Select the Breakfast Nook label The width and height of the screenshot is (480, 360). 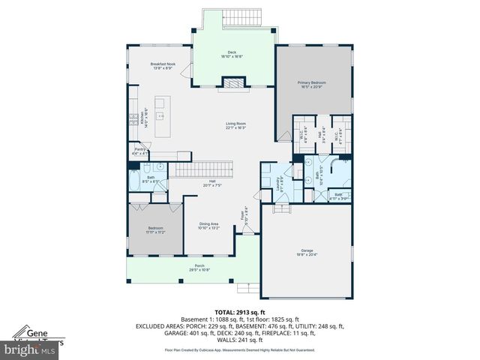163,66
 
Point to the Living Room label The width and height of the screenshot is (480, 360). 236,125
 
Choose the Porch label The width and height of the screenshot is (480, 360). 199,267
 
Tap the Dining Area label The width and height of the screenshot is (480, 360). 208,226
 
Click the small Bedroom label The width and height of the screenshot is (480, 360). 155,230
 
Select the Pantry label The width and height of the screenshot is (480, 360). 139,151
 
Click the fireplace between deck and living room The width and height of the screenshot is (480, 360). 234,84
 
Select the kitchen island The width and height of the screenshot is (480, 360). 163,116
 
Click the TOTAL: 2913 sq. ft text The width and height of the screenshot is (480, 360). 239,313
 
